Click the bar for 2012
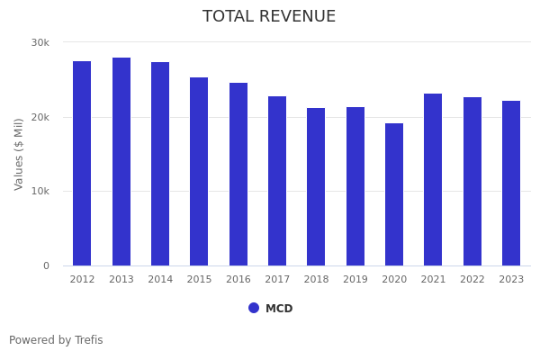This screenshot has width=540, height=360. pos(82,163)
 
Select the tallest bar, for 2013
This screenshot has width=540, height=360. pos(121,161)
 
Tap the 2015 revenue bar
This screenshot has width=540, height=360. pos(199,171)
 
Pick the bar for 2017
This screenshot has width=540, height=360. pos(277,181)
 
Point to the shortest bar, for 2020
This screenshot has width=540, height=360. pos(394,194)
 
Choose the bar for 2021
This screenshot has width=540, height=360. pos(433,179)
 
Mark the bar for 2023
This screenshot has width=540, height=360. pos(511,183)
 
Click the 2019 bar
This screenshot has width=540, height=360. pos(355,186)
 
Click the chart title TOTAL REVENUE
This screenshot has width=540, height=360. pos(269,17)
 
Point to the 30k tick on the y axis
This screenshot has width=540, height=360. pos(40,42)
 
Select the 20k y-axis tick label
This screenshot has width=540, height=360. pos(40,117)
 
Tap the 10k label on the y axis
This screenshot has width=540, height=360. pos(40,191)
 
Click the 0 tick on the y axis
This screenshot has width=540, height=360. pos(46,265)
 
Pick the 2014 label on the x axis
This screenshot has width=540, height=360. pos(160,279)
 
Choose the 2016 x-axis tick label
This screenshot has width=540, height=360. pos(238,279)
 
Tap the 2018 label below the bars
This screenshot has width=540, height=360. pos(316,279)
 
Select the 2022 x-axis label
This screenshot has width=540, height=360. pos(472,279)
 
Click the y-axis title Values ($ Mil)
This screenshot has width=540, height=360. pos(19,154)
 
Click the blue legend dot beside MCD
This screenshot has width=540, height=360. pos(254,308)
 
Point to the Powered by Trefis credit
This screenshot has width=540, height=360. pos(56,340)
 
